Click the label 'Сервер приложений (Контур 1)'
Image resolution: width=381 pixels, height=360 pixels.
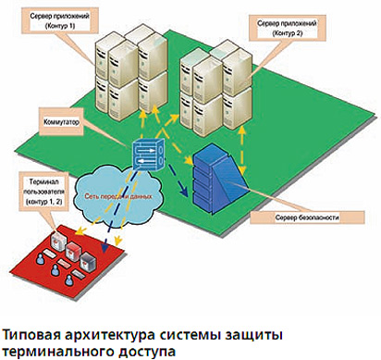tap(60, 20)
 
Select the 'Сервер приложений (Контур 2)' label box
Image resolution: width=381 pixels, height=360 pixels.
tap(287, 28)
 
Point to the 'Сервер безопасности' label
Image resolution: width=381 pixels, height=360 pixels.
tap(307, 217)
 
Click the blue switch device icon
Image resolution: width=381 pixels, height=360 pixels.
tap(149, 154)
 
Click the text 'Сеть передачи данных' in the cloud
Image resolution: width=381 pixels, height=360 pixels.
tap(118, 196)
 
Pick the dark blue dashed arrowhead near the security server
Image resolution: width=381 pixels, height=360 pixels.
tap(185, 193)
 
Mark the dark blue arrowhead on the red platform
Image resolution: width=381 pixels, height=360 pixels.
tap(105, 247)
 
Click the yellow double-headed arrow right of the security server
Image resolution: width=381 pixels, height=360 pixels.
tap(243, 150)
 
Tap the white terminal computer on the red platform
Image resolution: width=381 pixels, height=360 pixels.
tap(59, 240)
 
